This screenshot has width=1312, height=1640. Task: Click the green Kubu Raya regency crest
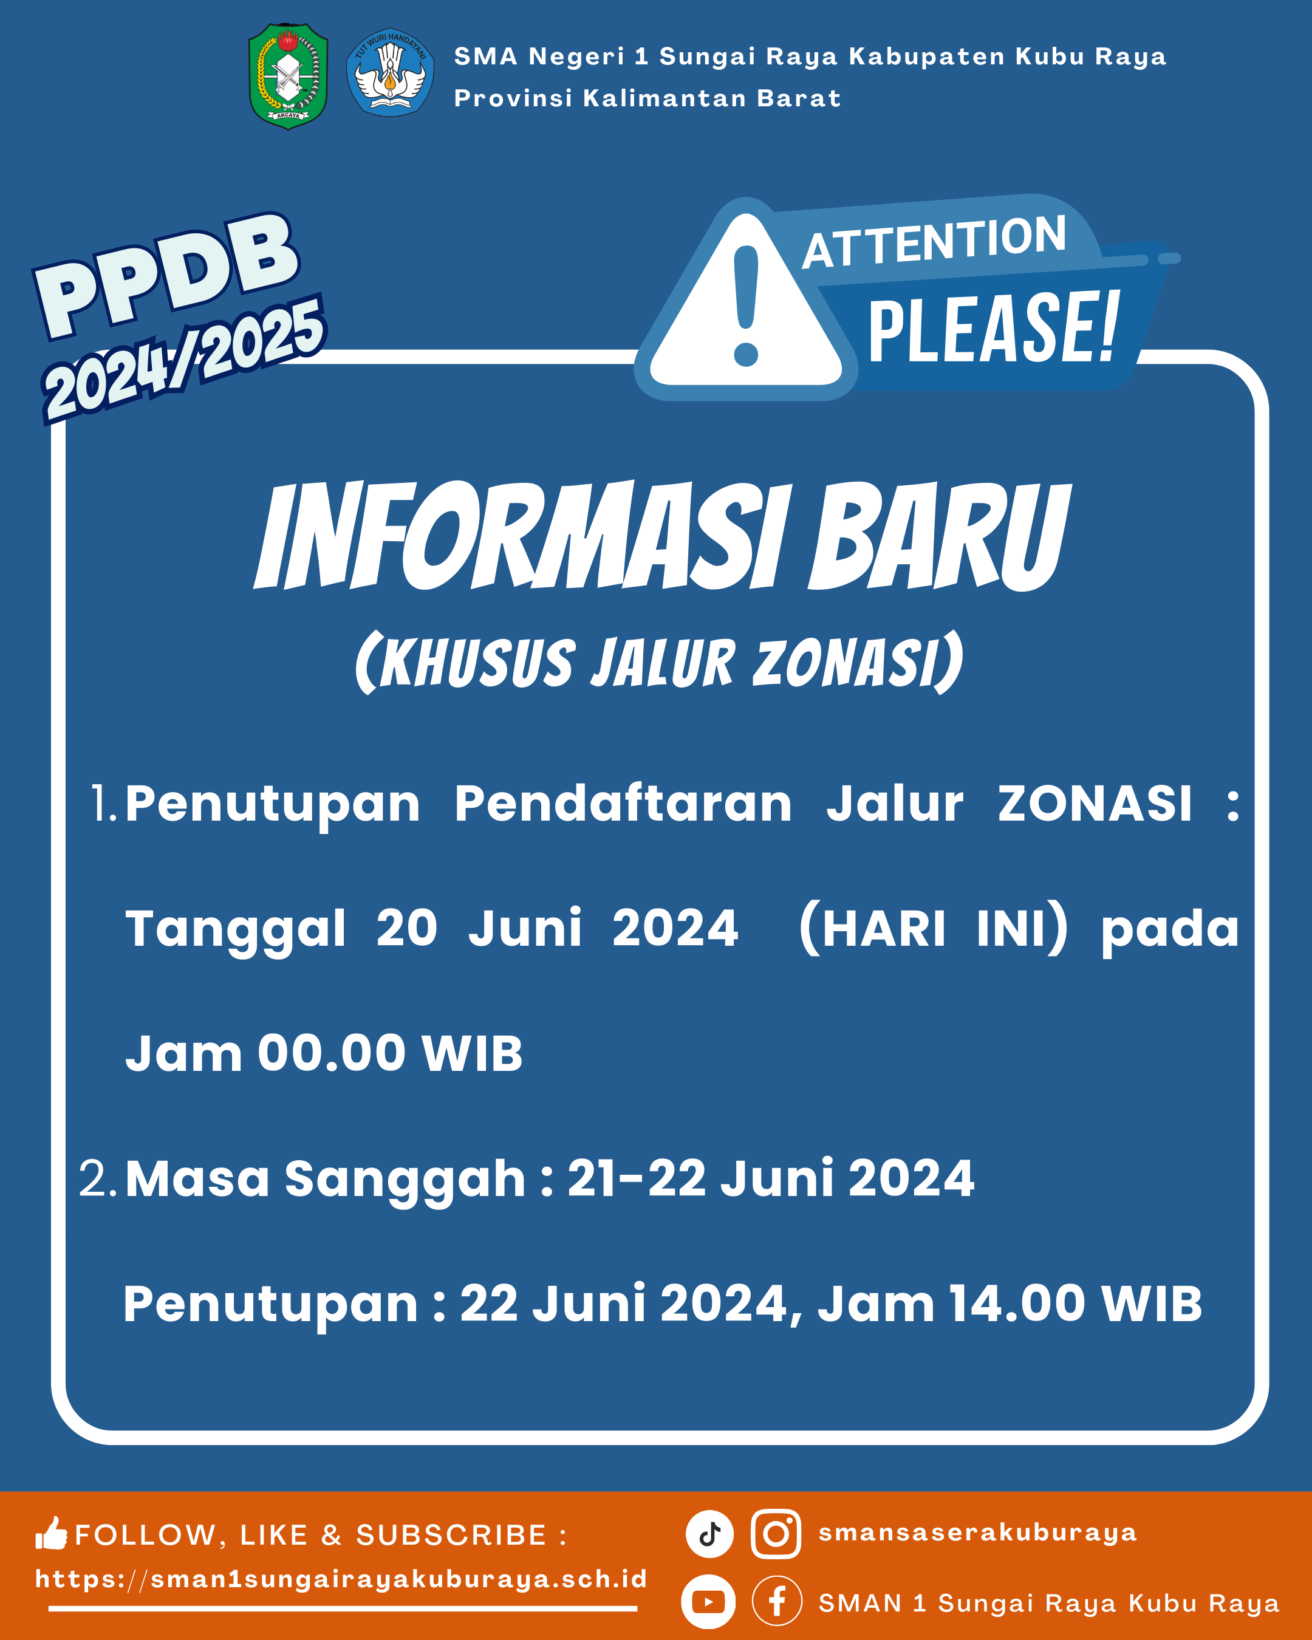coord(289,76)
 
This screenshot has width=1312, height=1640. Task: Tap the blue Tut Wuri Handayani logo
coord(390,72)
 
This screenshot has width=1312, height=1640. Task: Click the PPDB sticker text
coord(166,275)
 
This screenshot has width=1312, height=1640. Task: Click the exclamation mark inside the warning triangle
coord(746,305)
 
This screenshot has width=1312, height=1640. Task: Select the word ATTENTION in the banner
coord(935,242)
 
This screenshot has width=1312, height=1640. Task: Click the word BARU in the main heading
coord(939,536)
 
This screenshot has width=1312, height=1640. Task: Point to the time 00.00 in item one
coord(332,1053)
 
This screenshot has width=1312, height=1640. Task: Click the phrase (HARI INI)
coord(934,928)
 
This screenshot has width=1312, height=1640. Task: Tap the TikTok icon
coord(709,1534)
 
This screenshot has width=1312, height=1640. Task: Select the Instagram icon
coord(776,1534)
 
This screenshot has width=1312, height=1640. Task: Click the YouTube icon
coord(708,1602)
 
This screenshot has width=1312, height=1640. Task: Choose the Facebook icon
coord(776,1601)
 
